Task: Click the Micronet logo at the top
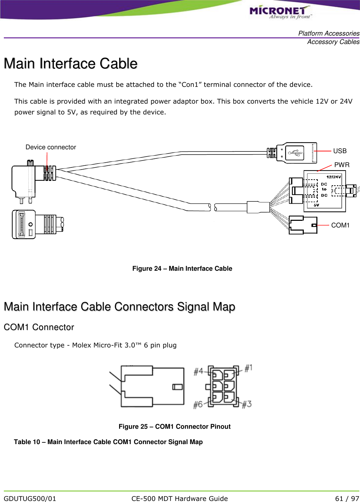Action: tap(280, 12)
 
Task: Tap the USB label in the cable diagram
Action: tap(340, 151)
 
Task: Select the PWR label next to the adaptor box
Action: tap(341, 165)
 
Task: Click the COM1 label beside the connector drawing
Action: tap(340, 225)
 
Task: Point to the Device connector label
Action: tap(51, 147)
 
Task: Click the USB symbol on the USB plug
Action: tap(295, 152)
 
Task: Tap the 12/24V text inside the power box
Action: tap(333, 177)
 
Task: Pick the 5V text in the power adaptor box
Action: tap(316, 205)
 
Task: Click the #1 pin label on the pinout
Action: tap(248, 368)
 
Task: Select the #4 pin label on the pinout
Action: tap(198, 372)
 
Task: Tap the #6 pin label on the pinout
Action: tap(198, 404)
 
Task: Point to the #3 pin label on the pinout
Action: tap(247, 404)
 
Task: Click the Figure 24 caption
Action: tap(182, 269)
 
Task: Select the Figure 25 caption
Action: tap(174, 427)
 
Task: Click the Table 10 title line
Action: tap(108, 442)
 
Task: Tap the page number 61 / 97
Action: tap(347, 499)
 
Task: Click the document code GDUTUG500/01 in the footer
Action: tap(30, 499)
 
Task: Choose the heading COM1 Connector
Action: tap(39, 327)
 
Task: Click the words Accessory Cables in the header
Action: tap(333, 42)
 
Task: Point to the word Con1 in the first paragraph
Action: tap(190, 85)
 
